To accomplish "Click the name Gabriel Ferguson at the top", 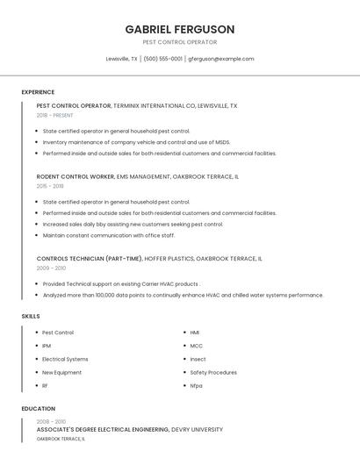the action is pyautogui.click(x=180, y=29).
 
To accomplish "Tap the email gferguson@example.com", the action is pyautogui.click(x=221, y=59).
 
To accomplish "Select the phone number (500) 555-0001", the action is pyautogui.click(x=163, y=59).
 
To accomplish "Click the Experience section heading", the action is pyautogui.click(x=38, y=92).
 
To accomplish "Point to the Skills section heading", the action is pyautogui.click(x=31, y=316).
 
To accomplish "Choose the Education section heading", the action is pyautogui.click(x=39, y=409).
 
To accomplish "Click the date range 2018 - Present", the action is pyautogui.click(x=55, y=115).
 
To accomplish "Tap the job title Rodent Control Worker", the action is pyautogui.click(x=76, y=176).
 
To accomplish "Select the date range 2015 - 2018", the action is pyautogui.click(x=50, y=186).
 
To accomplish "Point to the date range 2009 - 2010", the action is pyautogui.click(x=51, y=268).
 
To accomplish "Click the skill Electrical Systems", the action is pyautogui.click(x=65, y=359).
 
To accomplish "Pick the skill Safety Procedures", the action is pyautogui.click(x=213, y=372).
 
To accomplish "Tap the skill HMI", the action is pyautogui.click(x=195, y=333).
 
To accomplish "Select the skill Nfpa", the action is pyautogui.click(x=196, y=385).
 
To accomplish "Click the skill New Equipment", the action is pyautogui.click(x=61, y=372).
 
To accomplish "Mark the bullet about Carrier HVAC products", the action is pyautogui.click(x=121, y=284).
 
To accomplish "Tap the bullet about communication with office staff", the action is pyautogui.click(x=109, y=235).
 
